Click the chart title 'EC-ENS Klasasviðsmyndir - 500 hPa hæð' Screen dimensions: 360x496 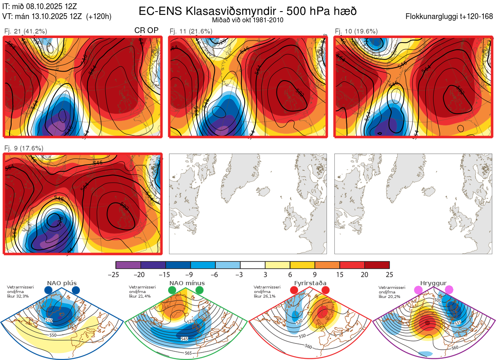248,11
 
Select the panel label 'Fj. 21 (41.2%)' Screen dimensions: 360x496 26,31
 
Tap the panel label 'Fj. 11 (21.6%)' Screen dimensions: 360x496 191,31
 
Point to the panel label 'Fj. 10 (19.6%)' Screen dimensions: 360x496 356,31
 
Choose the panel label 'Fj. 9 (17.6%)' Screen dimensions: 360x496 24,148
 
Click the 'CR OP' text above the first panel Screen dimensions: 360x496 146,31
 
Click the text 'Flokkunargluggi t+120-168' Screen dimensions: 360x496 449,17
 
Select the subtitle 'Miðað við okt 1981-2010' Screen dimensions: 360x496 247,20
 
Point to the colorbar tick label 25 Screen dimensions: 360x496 389,274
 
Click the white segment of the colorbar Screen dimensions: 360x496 253,265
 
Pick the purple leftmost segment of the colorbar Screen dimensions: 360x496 128,265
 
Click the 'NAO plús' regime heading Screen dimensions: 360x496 62,283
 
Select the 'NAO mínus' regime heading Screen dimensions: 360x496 187,283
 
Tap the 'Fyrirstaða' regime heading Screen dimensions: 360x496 310,283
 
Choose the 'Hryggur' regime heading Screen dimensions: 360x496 434,283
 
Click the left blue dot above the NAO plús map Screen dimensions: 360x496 48,291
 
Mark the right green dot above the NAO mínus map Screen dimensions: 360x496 200,291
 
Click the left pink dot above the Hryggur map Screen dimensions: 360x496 418,291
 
